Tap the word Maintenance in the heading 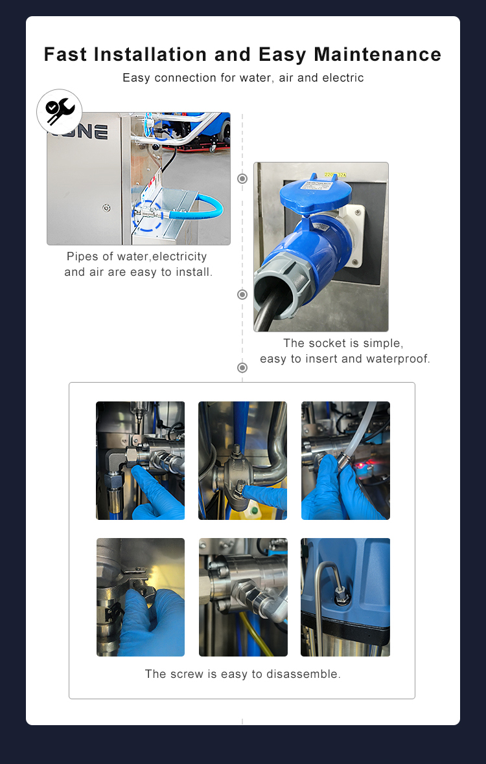click(378, 54)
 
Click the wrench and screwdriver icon click(60, 112)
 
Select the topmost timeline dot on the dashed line click(242, 179)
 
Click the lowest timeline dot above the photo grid click(242, 368)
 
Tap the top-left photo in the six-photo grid click(140, 460)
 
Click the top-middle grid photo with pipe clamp click(242, 460)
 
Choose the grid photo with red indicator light click(345, 460)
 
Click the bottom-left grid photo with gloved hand click(140, 597)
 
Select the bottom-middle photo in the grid click(242, 597)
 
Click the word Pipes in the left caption click(82, 257)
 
